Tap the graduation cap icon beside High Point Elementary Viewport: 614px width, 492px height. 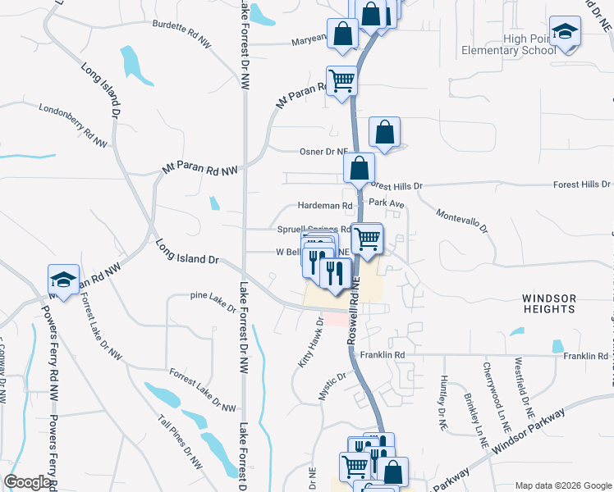coord(564,32)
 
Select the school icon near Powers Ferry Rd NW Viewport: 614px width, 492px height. coord(63,279)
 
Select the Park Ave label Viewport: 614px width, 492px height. coord(387,202)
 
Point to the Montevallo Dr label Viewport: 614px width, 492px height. coord(461,219)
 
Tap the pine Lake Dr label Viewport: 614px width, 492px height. coord(212,301)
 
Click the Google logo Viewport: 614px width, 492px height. coord(27,482)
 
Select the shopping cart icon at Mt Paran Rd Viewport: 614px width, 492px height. coord(341,80)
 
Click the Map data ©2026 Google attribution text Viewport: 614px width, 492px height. coord(562,485)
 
